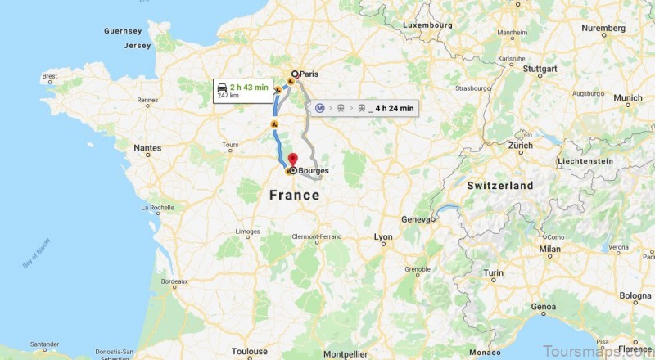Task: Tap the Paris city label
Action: (309, 74)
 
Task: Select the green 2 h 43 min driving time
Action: (250, 86)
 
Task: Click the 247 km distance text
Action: (228, 96)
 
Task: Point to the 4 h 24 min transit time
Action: (395, 108)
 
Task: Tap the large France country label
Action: (294, 196)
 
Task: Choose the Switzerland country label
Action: (500, 186)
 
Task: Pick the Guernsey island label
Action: (124, 31)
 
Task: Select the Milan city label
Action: (549, 249)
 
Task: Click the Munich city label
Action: (628, 98)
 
